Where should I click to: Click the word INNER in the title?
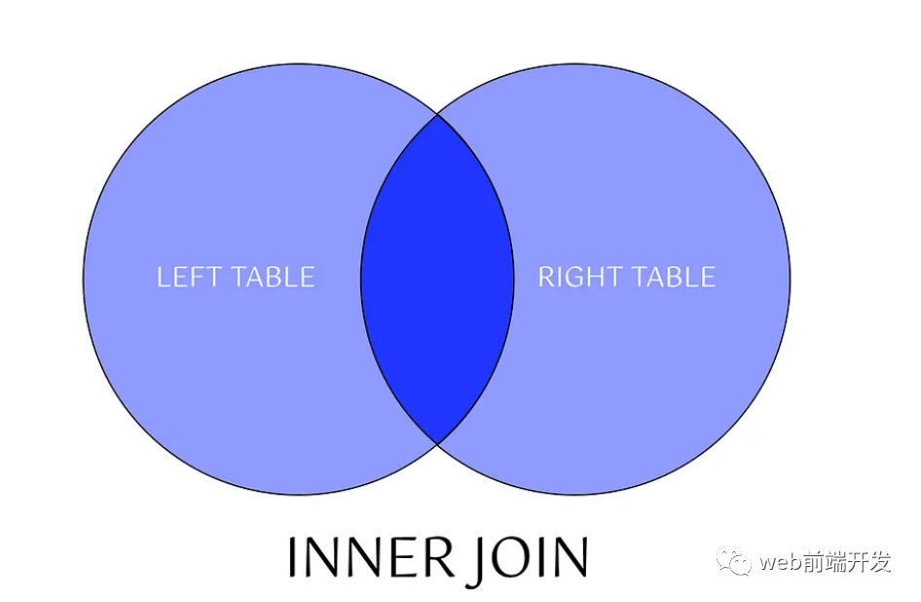(370, 557)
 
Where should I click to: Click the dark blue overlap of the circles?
(437, 279)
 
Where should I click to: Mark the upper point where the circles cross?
(437, 115)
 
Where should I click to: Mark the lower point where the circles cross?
(437, 443)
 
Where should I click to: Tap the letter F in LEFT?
(199, 277)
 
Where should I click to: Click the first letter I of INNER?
(293, 557)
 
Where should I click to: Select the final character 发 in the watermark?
(880, 562)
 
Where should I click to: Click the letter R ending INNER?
(440, 557)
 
